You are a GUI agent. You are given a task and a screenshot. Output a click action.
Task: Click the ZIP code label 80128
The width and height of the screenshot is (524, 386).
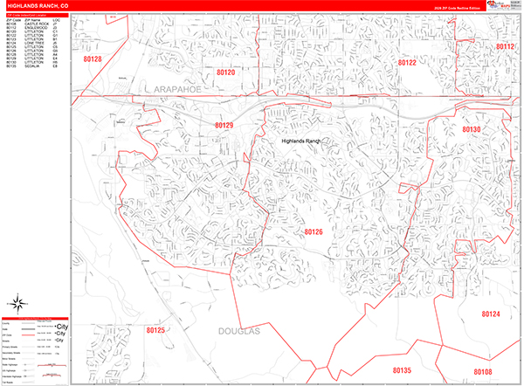(x=93, y=59)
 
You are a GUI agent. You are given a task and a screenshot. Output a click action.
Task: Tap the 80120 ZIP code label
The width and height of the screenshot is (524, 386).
(x=226, y=72)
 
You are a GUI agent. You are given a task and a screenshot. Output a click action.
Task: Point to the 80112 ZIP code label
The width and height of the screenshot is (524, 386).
(x=506, y=47)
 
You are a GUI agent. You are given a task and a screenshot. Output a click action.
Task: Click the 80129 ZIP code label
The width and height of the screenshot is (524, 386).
(x=224, y=126)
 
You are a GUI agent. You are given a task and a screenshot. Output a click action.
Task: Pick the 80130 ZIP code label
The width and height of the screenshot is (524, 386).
(x=472, y=129)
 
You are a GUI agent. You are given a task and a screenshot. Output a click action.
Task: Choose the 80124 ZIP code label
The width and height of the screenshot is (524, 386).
(x=491, y=314)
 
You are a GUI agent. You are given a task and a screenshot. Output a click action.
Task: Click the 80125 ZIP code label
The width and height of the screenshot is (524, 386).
(x=155, y=331)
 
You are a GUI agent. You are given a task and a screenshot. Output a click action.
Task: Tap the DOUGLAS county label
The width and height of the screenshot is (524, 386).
(x=235, y=333)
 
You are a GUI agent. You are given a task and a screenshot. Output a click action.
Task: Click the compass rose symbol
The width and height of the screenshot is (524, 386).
(x=17, y=305)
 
